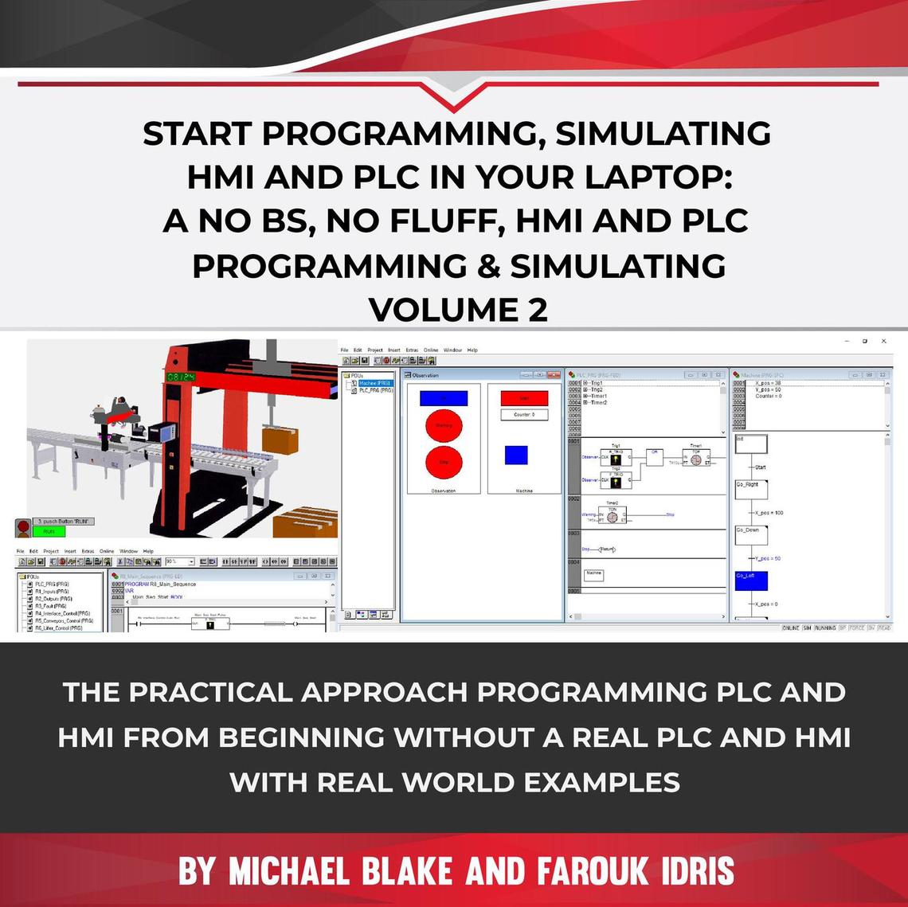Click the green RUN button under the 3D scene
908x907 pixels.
(x=49, y=530)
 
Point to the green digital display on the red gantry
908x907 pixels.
(x=181, y=375)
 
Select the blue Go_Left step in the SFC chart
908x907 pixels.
(x=751, y=580)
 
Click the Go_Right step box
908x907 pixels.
(x=751, y=488)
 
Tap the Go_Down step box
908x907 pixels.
(x=751, y=534)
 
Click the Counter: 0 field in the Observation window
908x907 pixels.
(x=524, y=415)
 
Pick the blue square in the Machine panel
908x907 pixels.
(x=516, y=455)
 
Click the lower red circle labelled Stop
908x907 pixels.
(x=444, y=462)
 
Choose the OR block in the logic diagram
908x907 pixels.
(x=654, y=456)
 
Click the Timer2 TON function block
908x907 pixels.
(x=612, y=516)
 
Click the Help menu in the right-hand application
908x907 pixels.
(x=472, y=350)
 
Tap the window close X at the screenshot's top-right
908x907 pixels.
(x=883, y=341)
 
